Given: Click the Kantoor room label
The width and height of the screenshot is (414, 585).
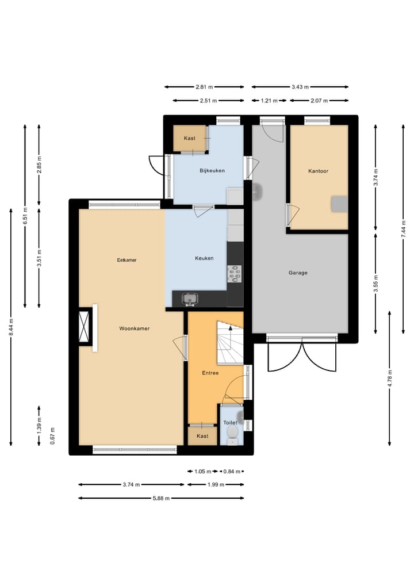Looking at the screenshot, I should pyautogui.click(x=318, y=171).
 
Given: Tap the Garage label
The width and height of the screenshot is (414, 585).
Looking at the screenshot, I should pyautogui.click(x=298, y=273).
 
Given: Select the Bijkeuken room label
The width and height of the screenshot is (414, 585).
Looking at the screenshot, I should pyautogui.click(x=212, y=170).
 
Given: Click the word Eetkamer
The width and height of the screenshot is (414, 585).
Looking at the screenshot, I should pyautogui.click(x=126, y=260).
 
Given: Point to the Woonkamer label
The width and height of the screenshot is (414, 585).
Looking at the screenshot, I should pyautogui.click(x=134, y=328).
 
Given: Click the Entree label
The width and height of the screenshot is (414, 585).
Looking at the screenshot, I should pyautogui.click(x=210, y=373).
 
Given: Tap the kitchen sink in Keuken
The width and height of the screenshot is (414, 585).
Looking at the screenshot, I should pyautogui.click(x=190, y=299).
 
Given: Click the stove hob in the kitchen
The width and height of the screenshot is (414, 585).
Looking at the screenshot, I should pyautogui.click(x=234, y=274).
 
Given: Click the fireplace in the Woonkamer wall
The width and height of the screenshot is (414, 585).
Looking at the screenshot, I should pyautogui.click(x=85, y=327).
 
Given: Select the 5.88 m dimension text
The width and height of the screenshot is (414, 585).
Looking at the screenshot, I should pyautogui.click(x=161, y=498).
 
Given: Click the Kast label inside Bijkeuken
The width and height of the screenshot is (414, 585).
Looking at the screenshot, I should pyautogui.click(x=189, y=139).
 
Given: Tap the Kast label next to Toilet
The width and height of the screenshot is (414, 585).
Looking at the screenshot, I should pyautogui.click(x=202, y=436).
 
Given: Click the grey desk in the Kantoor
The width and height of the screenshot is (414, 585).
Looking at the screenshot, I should pyautogui.click(x=339, y=203).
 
